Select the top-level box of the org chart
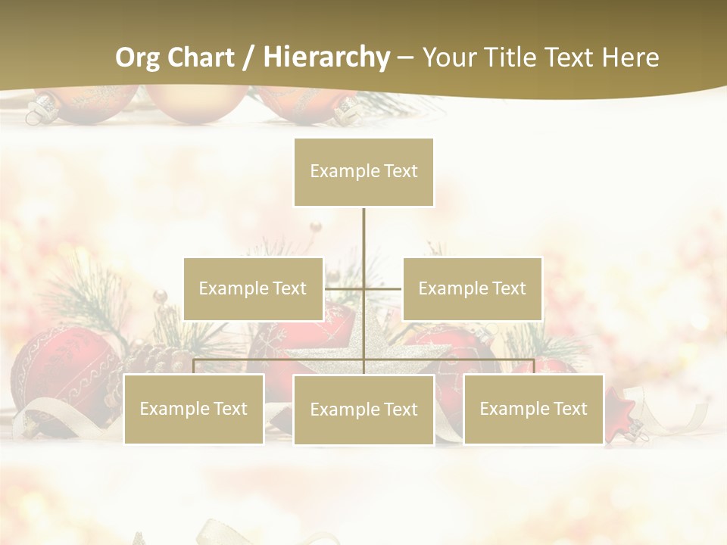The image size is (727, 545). click(x=363, y=172)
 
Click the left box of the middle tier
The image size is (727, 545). click(x=253, y=288)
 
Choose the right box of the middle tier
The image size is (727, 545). click(x=472, y=288)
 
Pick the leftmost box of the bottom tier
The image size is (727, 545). click(x=193, y=409)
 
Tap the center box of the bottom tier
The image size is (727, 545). click(x=363, y=410)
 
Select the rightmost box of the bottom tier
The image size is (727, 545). click(x=533, y=409)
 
